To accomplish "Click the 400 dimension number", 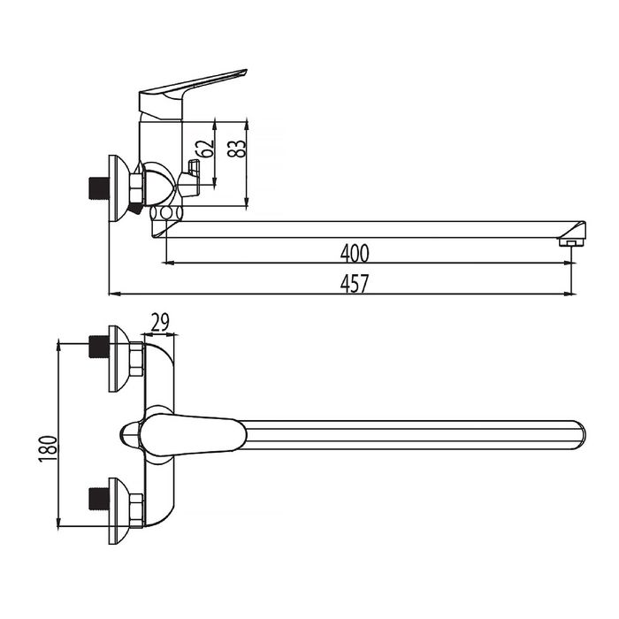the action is point(355,254).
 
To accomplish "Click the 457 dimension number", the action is point(355,284).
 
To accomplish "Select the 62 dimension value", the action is point(207,149).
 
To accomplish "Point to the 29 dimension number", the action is point(160,322).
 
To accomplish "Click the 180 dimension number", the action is point(48,449).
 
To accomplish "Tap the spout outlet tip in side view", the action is point(571,241).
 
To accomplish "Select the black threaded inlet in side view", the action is point(98,188).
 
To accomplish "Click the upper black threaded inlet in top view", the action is point(98,347).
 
